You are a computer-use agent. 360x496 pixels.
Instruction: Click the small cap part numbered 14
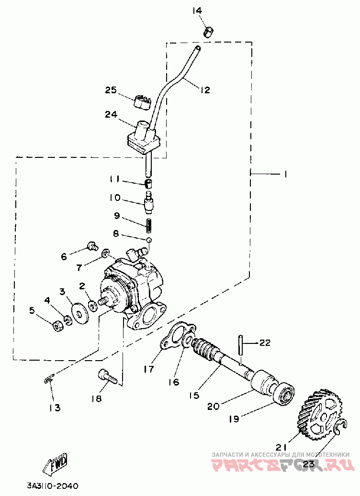[x=207, y=32]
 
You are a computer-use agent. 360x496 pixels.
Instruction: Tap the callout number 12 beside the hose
[x=205, y=90]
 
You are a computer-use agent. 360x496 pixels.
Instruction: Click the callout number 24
[x=111, y=114]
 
